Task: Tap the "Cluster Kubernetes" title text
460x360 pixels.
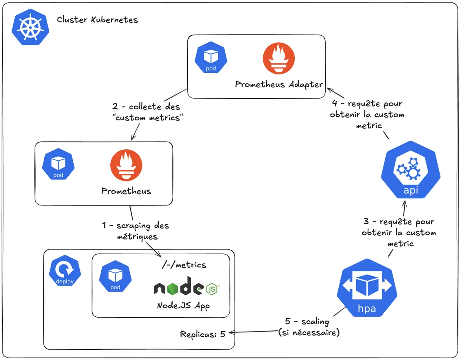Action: [97, 20]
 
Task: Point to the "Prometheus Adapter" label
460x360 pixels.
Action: [279, 85]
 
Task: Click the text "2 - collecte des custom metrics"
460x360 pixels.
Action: [146, 112]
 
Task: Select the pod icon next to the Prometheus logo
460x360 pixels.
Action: [58, 165]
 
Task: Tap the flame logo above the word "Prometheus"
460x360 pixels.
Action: [126, 165]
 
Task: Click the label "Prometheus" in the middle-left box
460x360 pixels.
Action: [126, 191]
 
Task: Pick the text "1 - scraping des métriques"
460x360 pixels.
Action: [135, 231]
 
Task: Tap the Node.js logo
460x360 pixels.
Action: [186, 287]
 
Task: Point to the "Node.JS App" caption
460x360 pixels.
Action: [183, 305]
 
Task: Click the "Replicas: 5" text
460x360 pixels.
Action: [203, 334]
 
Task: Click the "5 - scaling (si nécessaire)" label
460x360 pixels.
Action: [309, 327]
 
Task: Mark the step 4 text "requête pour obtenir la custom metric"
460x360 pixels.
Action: [367, 115]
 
